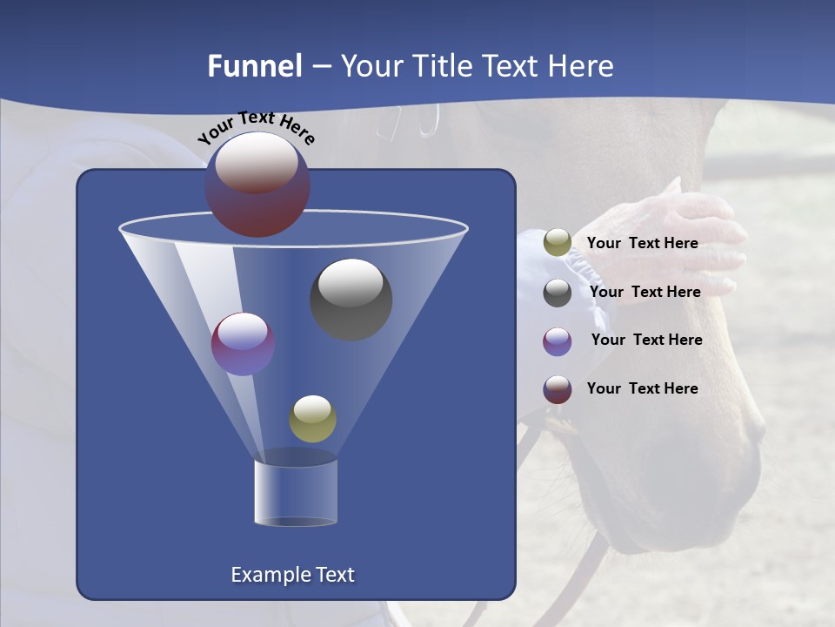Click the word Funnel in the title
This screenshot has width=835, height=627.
click(x=255, y=66)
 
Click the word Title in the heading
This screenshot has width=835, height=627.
click(x=442, y=66)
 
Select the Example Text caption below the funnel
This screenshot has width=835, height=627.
click(x=293, y=575)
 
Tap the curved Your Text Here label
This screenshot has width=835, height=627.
click(x=256, y=127)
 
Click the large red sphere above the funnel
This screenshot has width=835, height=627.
click(x=257, y=185)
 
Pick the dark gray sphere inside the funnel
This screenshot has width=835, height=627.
click(x=351, y=299)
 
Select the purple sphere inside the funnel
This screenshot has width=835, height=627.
click(x=243, y=343)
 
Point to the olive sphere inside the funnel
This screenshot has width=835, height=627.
click(x=312, y=418)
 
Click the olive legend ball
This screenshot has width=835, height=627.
click(x=558, y=243)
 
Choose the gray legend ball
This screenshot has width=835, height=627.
click(x=558, y=293)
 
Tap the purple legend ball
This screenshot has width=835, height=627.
click(x=558, y=341)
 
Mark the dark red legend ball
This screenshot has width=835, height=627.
click(x=558, y=389)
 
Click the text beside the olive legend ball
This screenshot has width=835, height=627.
click(x=642, y=244)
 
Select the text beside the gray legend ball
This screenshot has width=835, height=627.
click(x=645, y=292)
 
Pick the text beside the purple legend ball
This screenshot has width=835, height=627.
click(x=646, y=340)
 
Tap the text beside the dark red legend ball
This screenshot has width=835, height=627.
click(x=642, y=388)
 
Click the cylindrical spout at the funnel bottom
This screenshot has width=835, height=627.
click(x=296, y=493)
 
